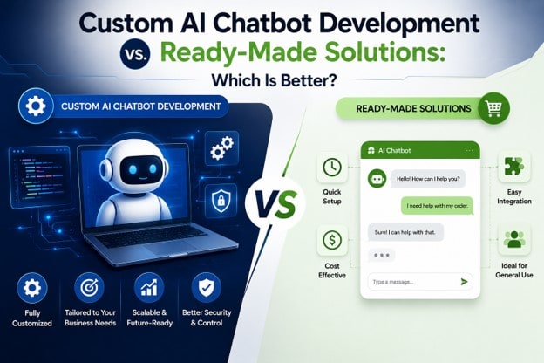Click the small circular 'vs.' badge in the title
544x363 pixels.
pyautogui.click(x=135, y=54)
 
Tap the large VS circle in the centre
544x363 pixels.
pyautogui.click(x=275, y=204)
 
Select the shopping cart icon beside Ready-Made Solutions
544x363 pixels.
pyautogui.click(x=493, y=108)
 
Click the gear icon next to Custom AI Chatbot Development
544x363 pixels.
pyautogui.click(x=36, y=106)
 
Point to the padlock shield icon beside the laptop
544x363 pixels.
pyautogui.click(x=221, y=201)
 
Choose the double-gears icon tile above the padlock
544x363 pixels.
pyautogui.click(x=221, y=147)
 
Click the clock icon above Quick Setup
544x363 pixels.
pyautogui.click(x=332, y=167)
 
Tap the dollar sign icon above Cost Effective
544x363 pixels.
pyautogui.click(x=332, y=240)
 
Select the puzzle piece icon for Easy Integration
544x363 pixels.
pyautogui.click(x=513, y=167)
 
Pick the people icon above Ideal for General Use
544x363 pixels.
pyautogui.click(x=513, y=240)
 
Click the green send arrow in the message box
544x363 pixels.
pyautogui.click(x=464, y=282)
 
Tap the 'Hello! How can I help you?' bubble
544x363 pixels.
pyautogui.click(x=428, y=179)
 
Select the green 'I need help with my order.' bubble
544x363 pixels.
pyautogui.click(x=437, y=206)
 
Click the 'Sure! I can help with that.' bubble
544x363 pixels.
pyautogui.click(x=405, y=232)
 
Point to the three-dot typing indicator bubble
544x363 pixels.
pyautogui.click(x=382, y=256)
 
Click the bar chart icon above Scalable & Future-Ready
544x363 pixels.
pyautogui.click(x=149, y=288)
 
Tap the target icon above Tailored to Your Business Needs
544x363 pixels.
pyautogui.click(x=89, y=288)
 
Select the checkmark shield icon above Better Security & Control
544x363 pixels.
pyautogui.click(x=207, y=288)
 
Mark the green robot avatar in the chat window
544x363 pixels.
pyautogui.click(x=377, y=179)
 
